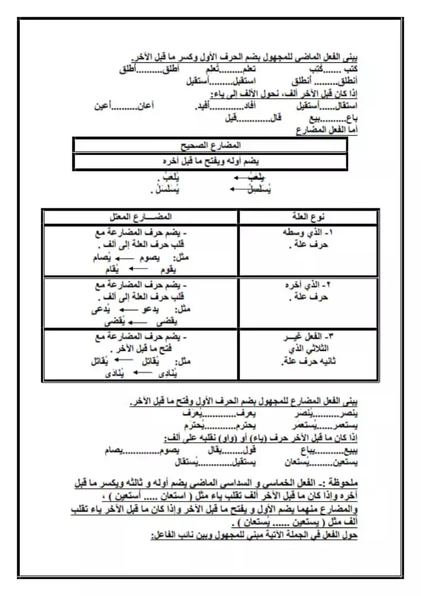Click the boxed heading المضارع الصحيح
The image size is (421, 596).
coord(210,145)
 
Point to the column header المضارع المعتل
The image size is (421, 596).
coord(140,217)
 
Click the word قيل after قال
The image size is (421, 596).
coord(230,118)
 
